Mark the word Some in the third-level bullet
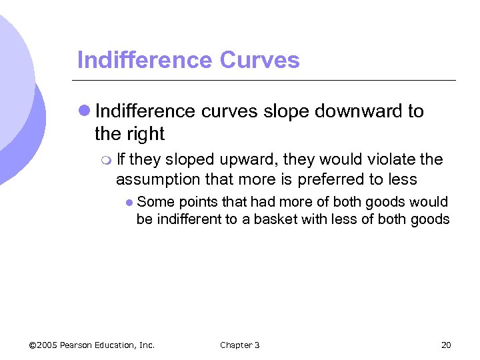pos(153,202)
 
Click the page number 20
pos(446,345)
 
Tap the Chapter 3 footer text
pos(239,345)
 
